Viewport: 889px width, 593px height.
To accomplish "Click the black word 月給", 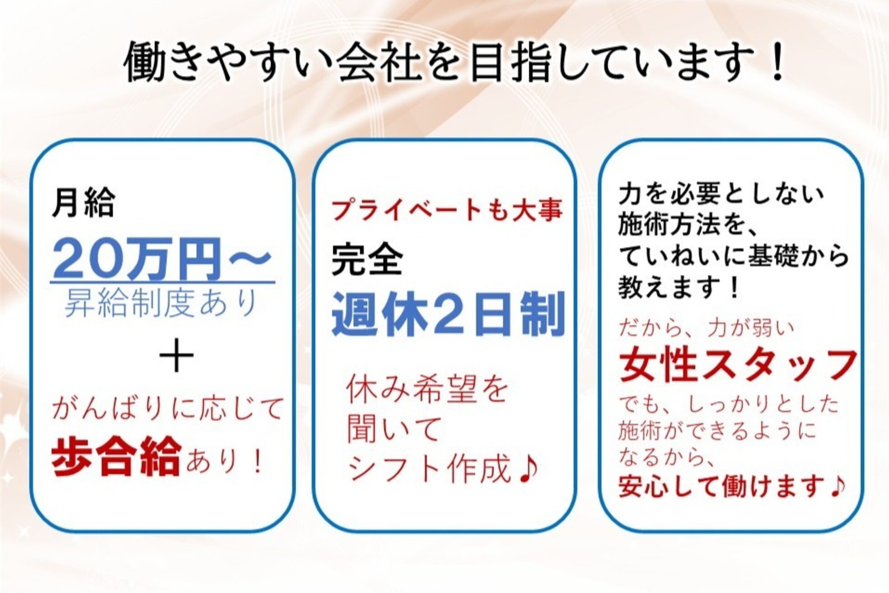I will tap(83, 202).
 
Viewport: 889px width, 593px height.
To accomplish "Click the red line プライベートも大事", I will tap(447, 211).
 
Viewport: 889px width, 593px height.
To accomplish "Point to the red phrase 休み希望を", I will tap(427, 390).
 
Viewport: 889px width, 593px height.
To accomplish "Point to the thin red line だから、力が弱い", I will tap(706, 328).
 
